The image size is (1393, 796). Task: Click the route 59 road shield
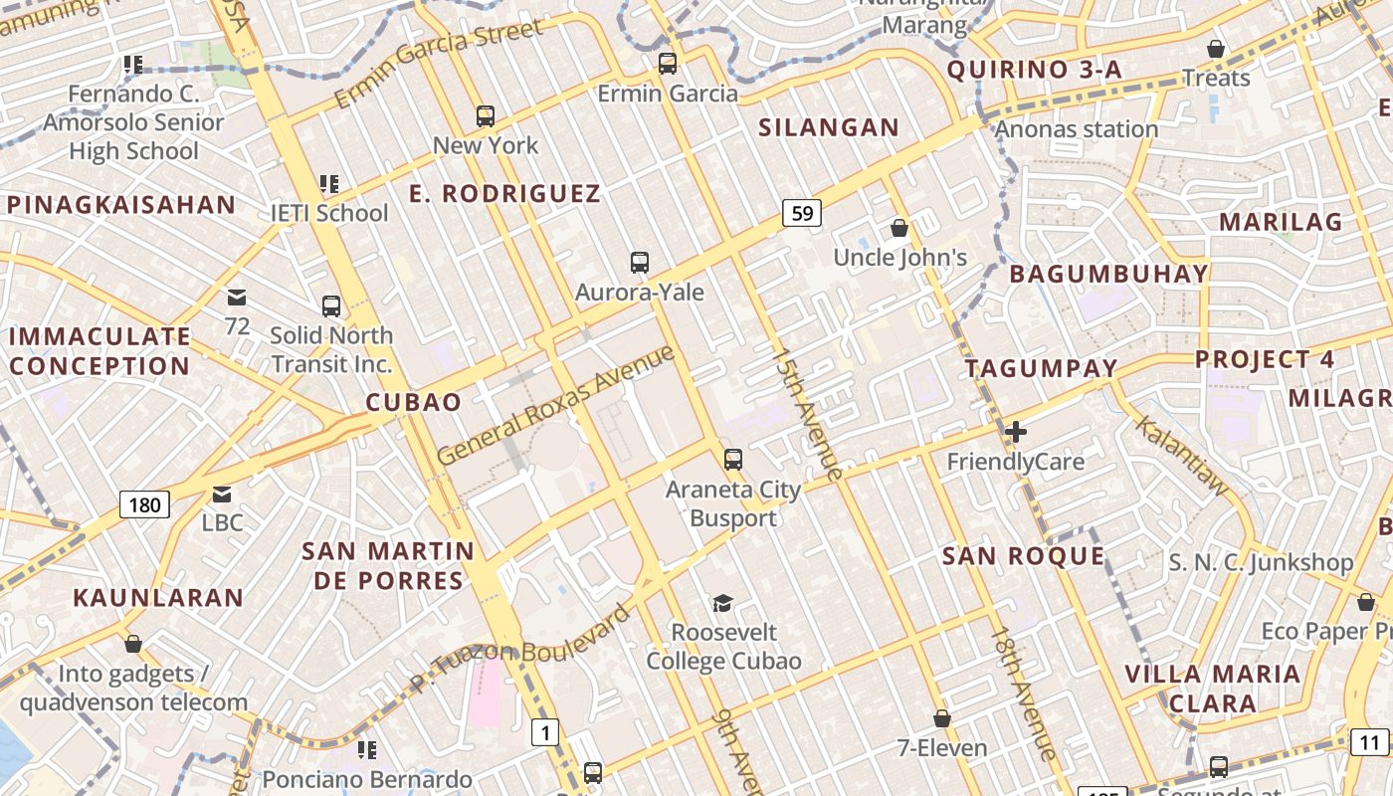(802, 212)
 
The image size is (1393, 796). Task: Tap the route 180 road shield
(144, 504)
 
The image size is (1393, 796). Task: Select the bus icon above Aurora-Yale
(640, 263)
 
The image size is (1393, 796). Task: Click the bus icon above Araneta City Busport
(733, 460)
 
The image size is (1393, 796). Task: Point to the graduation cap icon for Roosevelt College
(722, 603)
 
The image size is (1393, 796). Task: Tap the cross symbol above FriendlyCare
(1015, 432)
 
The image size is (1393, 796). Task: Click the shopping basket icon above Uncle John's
(899, 228)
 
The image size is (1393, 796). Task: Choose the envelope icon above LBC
(222, 494)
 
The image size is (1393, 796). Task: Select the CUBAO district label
(414, 402)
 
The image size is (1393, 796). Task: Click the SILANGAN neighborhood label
(829, 127)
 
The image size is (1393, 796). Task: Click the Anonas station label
(1077, 129)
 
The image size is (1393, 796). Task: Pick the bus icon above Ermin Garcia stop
(668, 64)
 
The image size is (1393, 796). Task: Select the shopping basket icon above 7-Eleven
(941, 717)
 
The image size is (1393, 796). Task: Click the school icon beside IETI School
(329, 184)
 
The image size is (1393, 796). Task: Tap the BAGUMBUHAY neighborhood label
(1109, 274)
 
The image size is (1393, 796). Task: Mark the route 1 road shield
(544, 733)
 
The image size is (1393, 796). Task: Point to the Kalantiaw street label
(1182, 455)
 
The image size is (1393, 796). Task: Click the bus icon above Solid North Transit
(331, 306)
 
